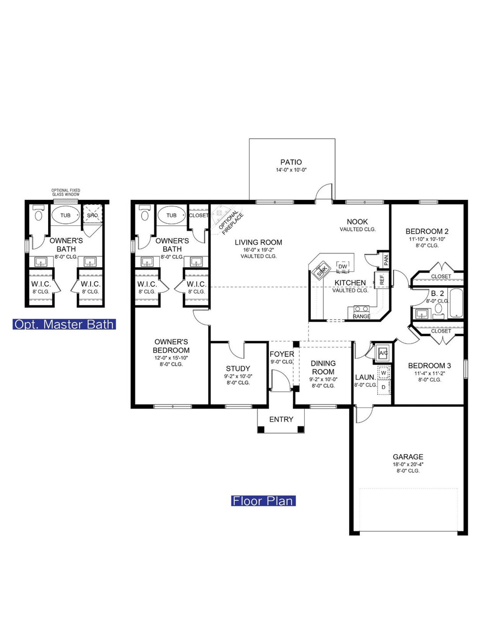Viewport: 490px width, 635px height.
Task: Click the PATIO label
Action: [291, 162]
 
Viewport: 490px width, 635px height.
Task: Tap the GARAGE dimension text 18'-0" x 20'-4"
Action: [408, 464]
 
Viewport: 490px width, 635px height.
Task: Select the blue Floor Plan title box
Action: [263, 501]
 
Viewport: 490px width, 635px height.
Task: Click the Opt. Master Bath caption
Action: [64, 324]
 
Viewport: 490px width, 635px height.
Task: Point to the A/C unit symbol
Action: [383, 353]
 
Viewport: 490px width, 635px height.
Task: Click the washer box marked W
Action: [384, 373]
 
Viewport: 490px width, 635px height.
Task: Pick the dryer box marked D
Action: [384, 387]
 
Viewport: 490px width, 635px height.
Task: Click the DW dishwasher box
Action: [343, 267]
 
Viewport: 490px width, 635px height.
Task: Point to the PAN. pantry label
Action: [386, 259]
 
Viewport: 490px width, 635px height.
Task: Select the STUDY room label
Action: [238, 368]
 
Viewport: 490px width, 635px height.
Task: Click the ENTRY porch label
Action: [281, 419]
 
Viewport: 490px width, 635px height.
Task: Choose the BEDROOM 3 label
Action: [429, 365]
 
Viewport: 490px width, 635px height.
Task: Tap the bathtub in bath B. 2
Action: [456, 303]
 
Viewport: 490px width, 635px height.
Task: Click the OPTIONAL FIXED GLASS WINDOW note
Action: [66, 192]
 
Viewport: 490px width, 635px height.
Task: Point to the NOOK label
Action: [357, 221]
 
